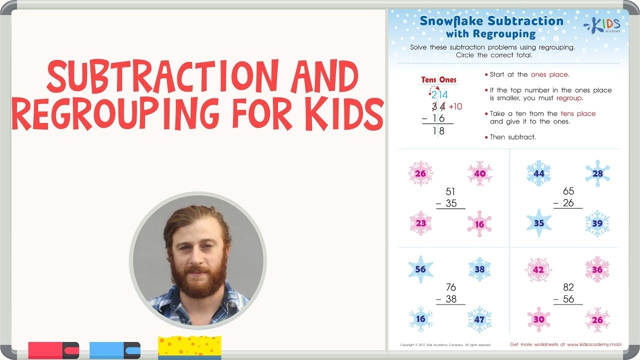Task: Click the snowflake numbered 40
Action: point(479,173)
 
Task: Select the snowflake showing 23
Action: point(421,223)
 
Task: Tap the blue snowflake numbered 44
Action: point(538,173)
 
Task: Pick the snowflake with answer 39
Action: point(597,223)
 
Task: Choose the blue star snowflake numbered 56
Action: point(420,269)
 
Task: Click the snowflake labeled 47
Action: point(479,319)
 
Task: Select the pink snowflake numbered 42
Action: point(538,269)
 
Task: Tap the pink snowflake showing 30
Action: point(538,319)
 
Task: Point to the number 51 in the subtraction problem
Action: point(450,191)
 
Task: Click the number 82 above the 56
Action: point(568,287)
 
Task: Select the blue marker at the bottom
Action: point(114,350)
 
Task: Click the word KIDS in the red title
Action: point(340,114)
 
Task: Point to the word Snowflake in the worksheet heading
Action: point(451,21)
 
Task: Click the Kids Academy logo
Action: point(603,25)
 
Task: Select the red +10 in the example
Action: point(455,106)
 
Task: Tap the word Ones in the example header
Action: point(447,79)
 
